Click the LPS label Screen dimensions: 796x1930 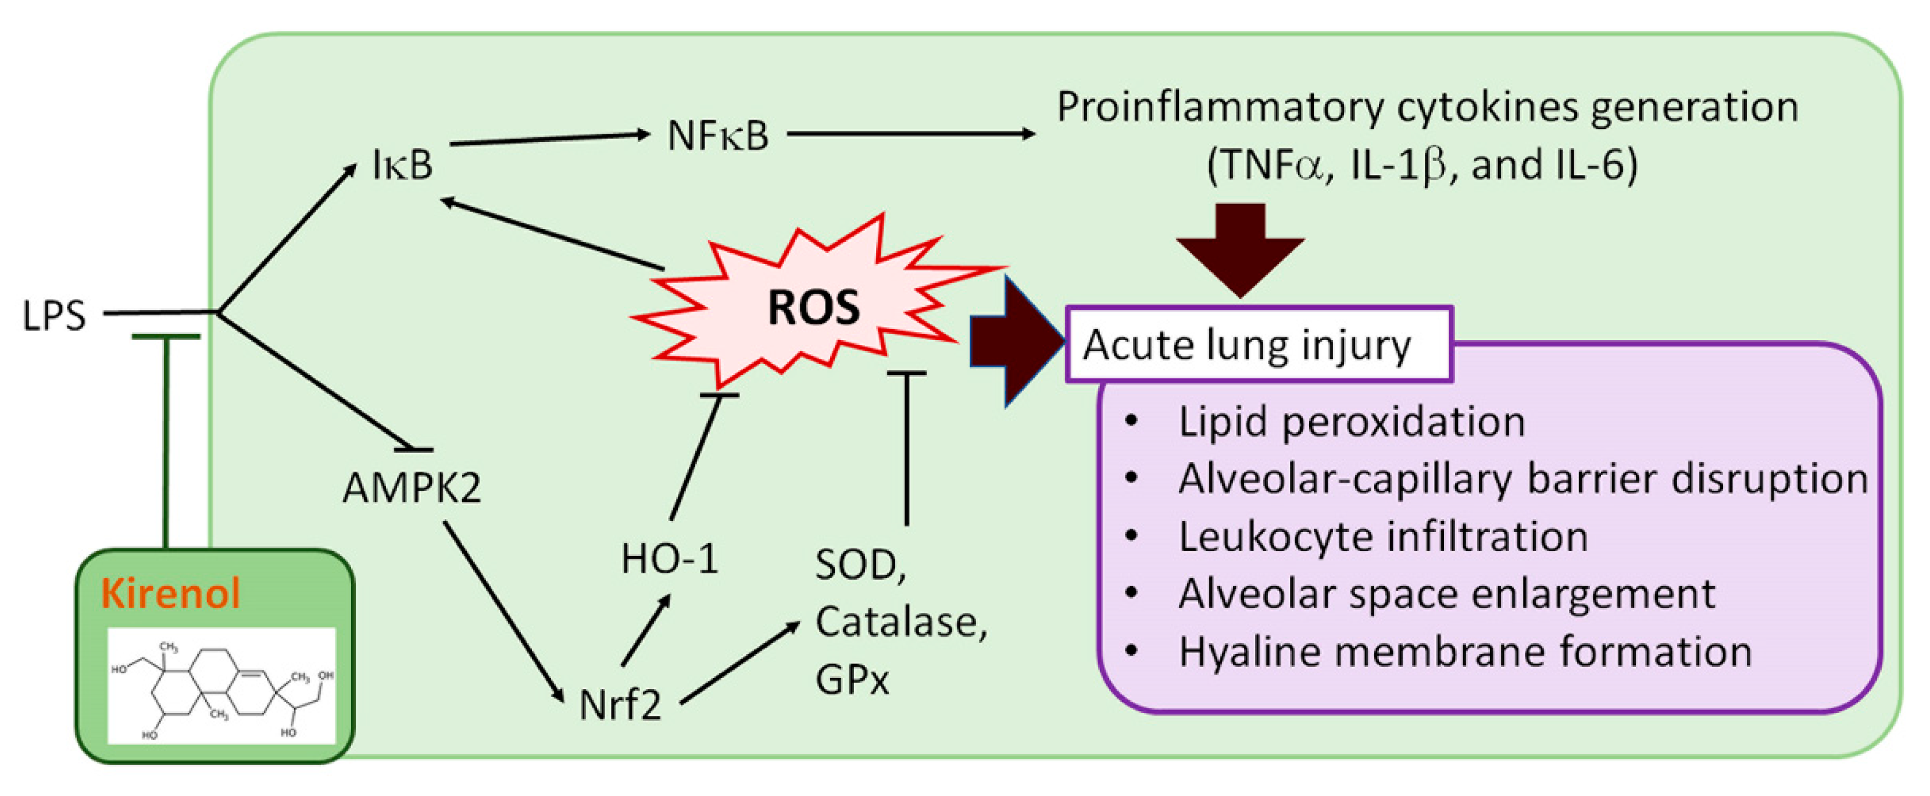(x=54, y=316)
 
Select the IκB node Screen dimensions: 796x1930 (x=402, y=164)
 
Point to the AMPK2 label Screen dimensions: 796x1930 (x=412, y=487)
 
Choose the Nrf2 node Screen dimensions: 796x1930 (x=620, y=705)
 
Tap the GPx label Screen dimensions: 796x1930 (x=852, y=680)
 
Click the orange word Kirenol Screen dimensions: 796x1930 (x=170, y=593)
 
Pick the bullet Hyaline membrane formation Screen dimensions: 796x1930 (x=1465, y=651)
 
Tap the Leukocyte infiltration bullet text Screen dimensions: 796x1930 (x=1382, y=537)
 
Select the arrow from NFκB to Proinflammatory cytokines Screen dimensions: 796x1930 (x=910, y=134)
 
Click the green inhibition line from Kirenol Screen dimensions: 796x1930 (x=166, y=442)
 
